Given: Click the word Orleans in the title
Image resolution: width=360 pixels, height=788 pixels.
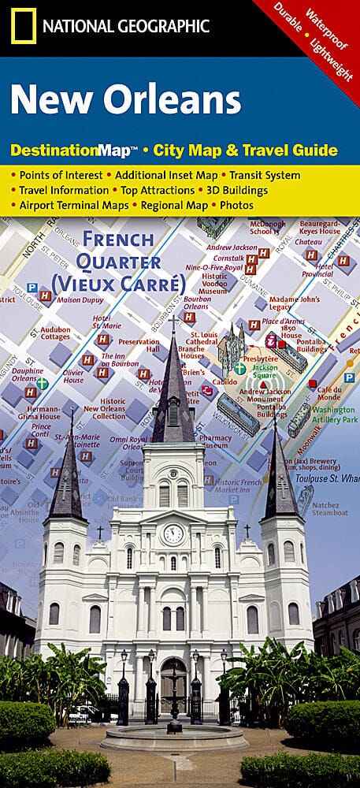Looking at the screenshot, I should (177, 100).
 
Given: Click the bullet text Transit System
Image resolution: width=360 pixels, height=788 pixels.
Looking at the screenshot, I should (270, 175).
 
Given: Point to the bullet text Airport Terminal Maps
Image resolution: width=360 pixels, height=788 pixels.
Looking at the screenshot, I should (75, 205).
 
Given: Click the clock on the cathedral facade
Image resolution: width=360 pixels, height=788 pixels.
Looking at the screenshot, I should (173, 533).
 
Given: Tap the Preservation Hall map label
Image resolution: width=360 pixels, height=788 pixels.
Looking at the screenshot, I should (139, 347).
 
